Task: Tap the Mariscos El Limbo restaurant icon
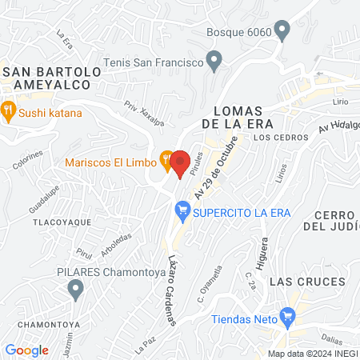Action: point(166,162)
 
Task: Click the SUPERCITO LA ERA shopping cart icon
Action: point(183,211)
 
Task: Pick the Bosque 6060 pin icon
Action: point(281,32)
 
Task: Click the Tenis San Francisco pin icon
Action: point(214,61)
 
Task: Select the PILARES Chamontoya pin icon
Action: point(76,288)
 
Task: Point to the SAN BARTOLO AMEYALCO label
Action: point(52,78)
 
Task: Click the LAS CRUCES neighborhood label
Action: point(307,282)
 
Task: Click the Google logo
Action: point(27,350)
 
